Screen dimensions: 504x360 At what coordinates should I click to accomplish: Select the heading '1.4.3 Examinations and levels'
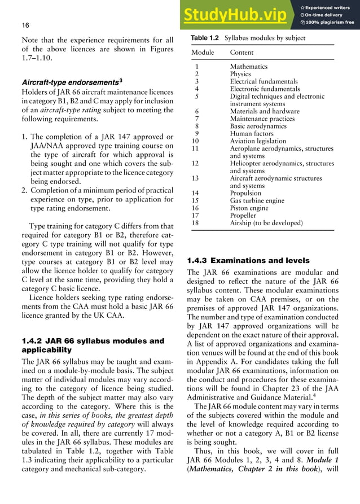coord(240,261)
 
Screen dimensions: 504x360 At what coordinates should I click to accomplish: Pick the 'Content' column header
coord(242,52)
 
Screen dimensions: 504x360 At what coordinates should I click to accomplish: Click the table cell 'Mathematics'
coord(248,67)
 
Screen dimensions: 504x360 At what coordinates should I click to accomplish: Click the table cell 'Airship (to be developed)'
coord(266,223)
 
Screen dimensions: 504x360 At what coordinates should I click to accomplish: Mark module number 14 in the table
coord(196,193)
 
